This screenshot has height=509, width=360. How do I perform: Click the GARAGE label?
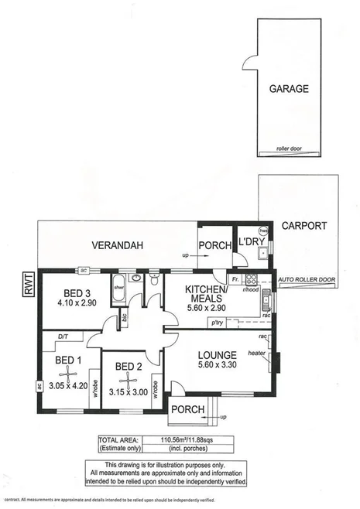pos(290,89)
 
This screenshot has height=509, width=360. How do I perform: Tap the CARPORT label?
pos(304,227)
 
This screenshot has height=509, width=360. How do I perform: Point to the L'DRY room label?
pos(252,241)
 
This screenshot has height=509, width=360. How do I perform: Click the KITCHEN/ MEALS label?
pos(205,295)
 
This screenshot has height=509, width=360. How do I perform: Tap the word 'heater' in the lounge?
pos(257,353)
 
